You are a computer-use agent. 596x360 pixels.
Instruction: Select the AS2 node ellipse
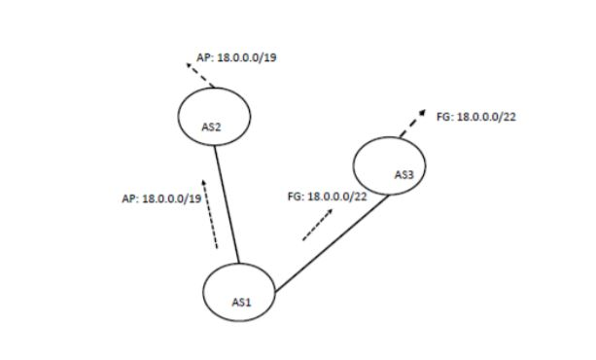point(215,117)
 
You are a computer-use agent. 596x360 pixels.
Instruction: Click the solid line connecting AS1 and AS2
point(227,204)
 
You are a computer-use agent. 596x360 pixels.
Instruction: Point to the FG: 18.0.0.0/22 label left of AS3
point(327,197)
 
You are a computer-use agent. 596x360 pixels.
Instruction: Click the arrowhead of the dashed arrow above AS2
point(189,66)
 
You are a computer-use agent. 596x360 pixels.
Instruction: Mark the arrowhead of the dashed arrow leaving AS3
point(423,112)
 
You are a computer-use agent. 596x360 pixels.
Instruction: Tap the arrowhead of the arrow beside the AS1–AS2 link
point(204,182)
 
